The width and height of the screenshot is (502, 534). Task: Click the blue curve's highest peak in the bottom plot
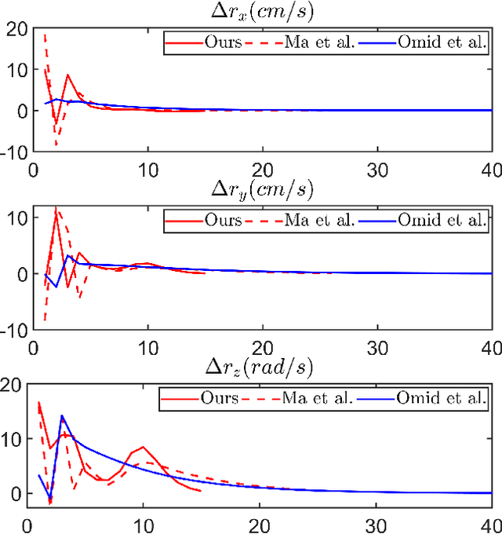point(61,415)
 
